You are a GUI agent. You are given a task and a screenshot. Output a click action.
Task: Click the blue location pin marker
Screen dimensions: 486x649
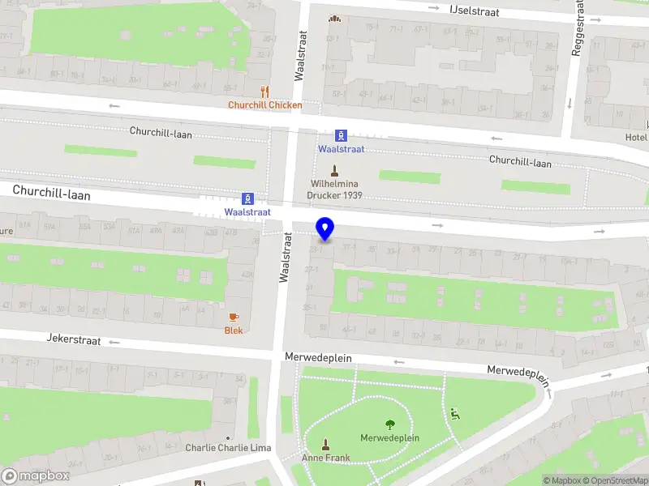[325, 229]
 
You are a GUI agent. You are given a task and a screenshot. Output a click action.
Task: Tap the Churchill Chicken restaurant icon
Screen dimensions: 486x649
[264, 92]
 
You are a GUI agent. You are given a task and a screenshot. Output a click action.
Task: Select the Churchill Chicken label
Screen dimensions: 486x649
[265, 105]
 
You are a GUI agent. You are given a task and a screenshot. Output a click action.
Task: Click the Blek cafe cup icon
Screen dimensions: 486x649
[234, 317]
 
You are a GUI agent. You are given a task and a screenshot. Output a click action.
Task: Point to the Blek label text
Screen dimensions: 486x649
[234, 330]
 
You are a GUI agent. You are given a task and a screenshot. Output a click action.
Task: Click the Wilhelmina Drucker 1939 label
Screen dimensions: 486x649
[334, 190]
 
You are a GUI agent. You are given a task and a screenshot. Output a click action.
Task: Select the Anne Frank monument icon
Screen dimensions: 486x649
[325, 444]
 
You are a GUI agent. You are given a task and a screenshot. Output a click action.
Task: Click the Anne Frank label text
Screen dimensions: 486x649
[325, 458]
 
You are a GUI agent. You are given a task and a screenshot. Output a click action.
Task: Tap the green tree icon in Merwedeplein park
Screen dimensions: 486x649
[390, 424]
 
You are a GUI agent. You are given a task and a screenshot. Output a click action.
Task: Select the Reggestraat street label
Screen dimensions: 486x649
[578, 28]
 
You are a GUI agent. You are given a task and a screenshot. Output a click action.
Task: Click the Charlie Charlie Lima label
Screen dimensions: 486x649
[228, 448]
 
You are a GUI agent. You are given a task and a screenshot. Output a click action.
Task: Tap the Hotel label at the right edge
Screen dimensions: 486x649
[636, 138]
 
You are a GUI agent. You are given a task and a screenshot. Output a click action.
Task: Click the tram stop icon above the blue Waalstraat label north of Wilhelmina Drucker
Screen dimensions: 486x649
[342, 135]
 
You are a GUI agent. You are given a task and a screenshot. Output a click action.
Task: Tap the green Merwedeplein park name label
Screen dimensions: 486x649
[389, 438]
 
